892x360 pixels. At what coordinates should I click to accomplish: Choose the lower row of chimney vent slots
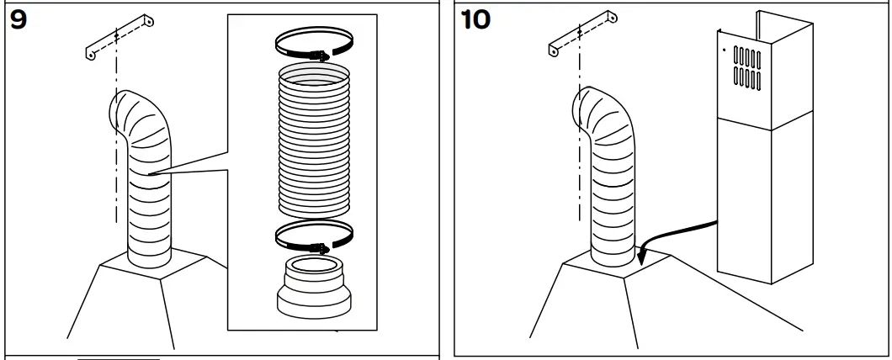(748, 79)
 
